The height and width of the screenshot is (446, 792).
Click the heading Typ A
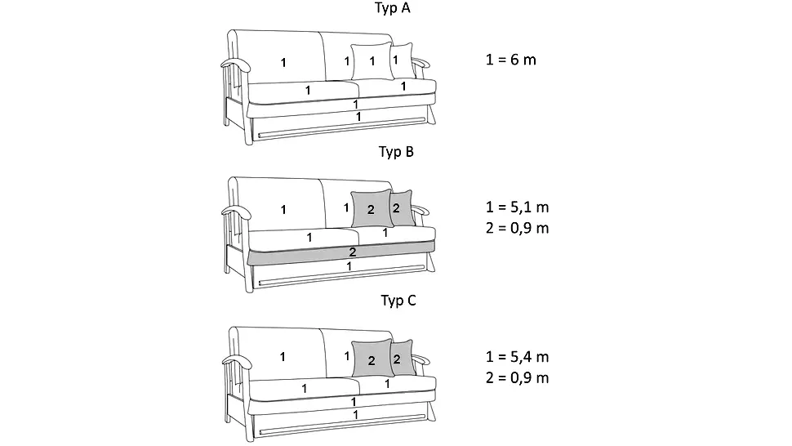point(393,8)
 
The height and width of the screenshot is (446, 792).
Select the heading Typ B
point(396,152)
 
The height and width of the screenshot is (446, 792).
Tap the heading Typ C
point(398,301)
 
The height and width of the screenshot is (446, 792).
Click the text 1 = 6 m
point(510,60)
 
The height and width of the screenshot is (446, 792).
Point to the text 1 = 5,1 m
point(517,207)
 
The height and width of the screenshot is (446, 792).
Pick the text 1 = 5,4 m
point(517,357)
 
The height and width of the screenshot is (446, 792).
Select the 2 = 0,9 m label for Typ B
point(517,228)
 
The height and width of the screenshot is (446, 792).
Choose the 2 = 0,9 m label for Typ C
point(517,378)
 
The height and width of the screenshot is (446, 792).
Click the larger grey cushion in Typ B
point(372,208)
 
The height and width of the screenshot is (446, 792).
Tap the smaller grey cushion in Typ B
point(403,207)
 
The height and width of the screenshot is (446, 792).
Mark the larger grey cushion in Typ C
point(373,358)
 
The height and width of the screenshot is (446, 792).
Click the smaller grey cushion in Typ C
point(403,358)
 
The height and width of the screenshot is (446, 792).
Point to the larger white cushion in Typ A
point(372,61)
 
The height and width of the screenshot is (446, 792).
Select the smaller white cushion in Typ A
point(403,60)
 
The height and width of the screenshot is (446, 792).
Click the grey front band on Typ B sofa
point(341,252)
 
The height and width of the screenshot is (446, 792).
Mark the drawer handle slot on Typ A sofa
point(342,127)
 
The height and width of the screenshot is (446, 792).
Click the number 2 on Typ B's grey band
point(353,252)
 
